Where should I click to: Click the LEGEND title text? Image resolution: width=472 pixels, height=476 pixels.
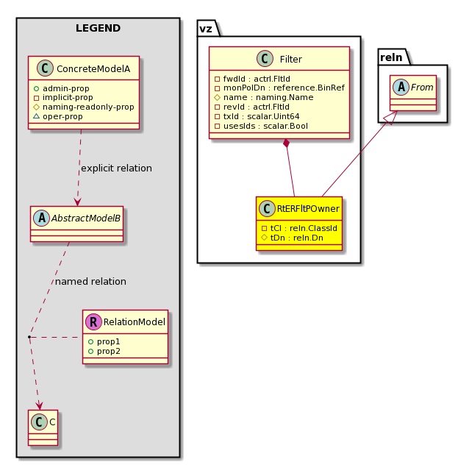(98, 28)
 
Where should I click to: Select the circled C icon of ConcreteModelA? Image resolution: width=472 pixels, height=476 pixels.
(45, 68)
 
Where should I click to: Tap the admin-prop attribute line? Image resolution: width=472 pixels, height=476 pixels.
(62, 88)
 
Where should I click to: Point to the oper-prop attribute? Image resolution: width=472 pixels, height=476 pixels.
(58, 116)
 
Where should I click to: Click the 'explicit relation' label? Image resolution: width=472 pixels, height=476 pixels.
(116, 168)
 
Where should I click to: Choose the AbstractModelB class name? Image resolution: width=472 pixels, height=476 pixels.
(86, 219)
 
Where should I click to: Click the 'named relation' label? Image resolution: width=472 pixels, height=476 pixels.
(90, 282)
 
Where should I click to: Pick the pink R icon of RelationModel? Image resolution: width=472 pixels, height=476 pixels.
(93, 322)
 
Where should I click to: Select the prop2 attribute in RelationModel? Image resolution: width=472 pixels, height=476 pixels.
(104, 351)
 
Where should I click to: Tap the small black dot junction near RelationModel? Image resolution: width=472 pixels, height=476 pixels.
(29, 337)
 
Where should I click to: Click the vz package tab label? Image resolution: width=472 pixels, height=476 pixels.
(206, 29)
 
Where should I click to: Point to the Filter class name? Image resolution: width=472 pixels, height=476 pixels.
(291, 60)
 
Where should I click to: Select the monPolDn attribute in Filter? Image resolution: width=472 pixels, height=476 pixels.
(279, 88)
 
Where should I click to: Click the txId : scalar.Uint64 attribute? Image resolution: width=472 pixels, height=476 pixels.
(257, 116)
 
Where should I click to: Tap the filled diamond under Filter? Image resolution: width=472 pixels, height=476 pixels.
(286, 143)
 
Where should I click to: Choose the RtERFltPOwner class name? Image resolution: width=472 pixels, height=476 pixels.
(308, 209)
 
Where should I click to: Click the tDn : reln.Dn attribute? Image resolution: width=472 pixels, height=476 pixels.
(293, 238)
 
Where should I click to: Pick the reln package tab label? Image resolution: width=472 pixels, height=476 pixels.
(391, 57)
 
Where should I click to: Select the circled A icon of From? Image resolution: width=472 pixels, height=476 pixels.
(401, 87)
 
